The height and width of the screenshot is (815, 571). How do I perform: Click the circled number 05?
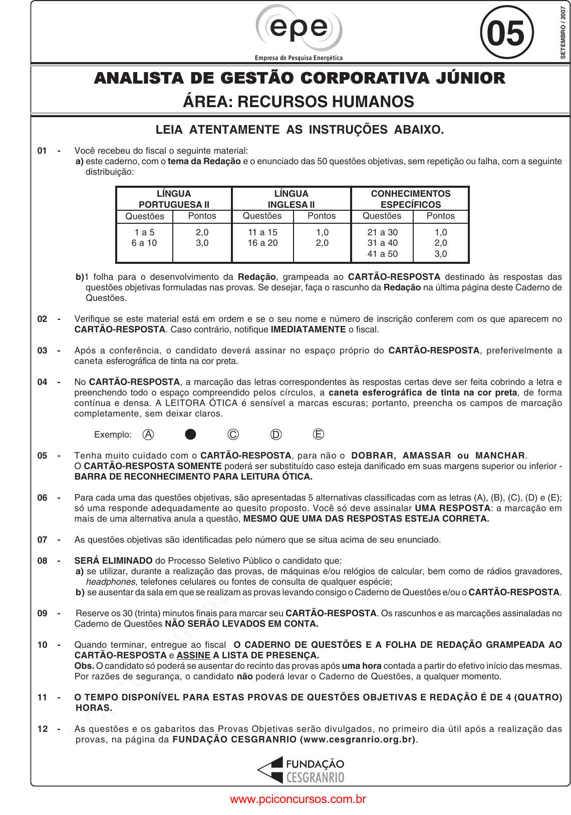[506, 33]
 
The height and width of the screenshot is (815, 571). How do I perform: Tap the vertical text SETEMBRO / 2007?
[563, 33]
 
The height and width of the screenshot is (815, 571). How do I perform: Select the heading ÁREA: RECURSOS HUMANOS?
[299, 102]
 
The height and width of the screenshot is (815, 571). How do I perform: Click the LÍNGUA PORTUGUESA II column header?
[174, 199]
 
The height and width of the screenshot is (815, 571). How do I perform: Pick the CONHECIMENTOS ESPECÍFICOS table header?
[410, 199]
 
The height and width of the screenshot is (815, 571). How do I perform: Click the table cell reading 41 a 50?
[382, 254]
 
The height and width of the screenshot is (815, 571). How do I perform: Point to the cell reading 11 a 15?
[262, 232]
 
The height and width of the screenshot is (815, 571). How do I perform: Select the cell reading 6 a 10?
[144, 243]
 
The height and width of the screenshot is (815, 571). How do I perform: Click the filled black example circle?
[190, 435]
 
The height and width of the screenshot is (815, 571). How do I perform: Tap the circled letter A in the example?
[148, 435]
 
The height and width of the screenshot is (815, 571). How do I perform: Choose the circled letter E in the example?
[318, 435]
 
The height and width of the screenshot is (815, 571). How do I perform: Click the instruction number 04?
[43, 382]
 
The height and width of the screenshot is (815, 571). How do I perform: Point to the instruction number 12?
[43, 729]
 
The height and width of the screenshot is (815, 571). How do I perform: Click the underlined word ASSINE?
[193, 655]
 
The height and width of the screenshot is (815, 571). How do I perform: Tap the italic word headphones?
[111, 582]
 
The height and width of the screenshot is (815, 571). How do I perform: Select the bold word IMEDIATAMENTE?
[308, 329]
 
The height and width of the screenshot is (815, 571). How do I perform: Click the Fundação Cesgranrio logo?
[301, 770]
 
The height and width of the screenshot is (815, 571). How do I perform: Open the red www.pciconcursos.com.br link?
[298, 799]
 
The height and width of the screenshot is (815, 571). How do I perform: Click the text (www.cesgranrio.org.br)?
[358, 739]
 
